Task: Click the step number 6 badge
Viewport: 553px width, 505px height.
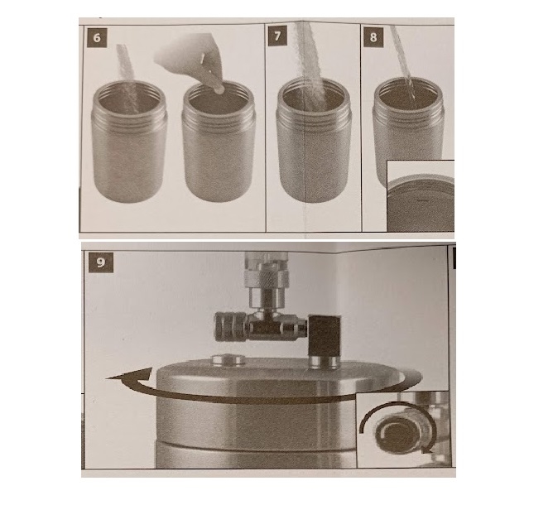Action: [x=97, y=37]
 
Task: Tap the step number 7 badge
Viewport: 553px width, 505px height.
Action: [x=277, y=36]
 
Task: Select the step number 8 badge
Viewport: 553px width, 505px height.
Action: [x=373, y=37]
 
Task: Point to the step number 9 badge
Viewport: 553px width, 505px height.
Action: [x=100, y=262]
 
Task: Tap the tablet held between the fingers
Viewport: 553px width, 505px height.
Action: [x=219, y=89]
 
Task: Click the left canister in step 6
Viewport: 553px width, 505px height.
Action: [x=128, y=141]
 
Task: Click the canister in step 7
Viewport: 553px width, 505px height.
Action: [x=313, y=140]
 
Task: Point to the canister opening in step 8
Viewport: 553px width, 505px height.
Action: [x=408, y=94]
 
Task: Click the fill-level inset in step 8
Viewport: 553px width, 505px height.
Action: [x=421, y=195]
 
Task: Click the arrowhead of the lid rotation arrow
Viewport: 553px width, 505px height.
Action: [x=128, y=376]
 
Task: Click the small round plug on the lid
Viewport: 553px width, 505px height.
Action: [x=228, y=360]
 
